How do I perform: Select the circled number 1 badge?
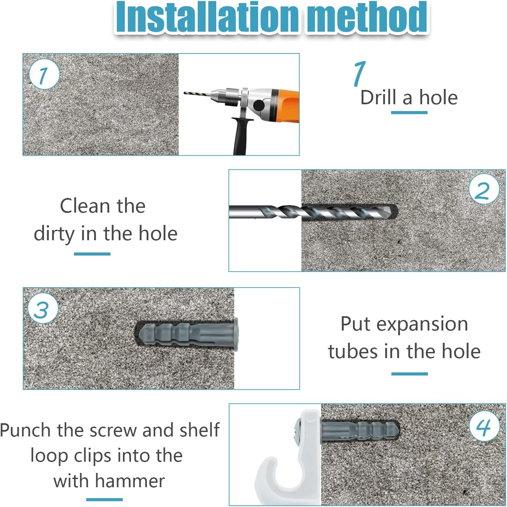click(44, 74)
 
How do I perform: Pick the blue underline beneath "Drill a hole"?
click(409, 112)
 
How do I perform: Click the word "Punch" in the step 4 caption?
click(26, 430)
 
